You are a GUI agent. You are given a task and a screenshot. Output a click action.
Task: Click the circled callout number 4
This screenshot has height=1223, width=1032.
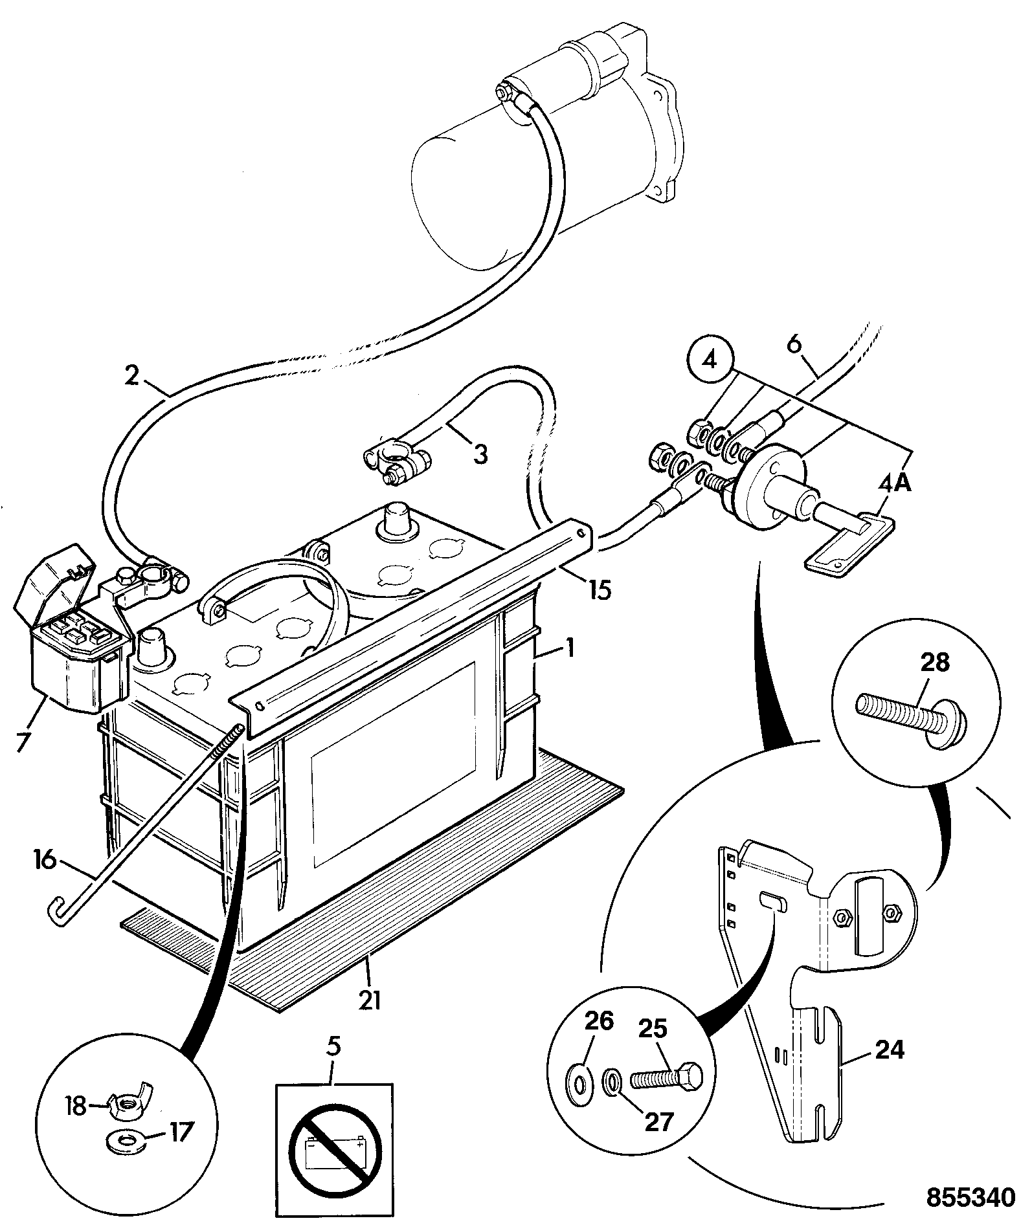tap(710, 359)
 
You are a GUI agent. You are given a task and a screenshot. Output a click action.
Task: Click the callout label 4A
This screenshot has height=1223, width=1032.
tap(895, 482)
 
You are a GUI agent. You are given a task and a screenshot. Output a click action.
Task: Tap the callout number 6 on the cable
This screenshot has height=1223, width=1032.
tap(794, 344)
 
